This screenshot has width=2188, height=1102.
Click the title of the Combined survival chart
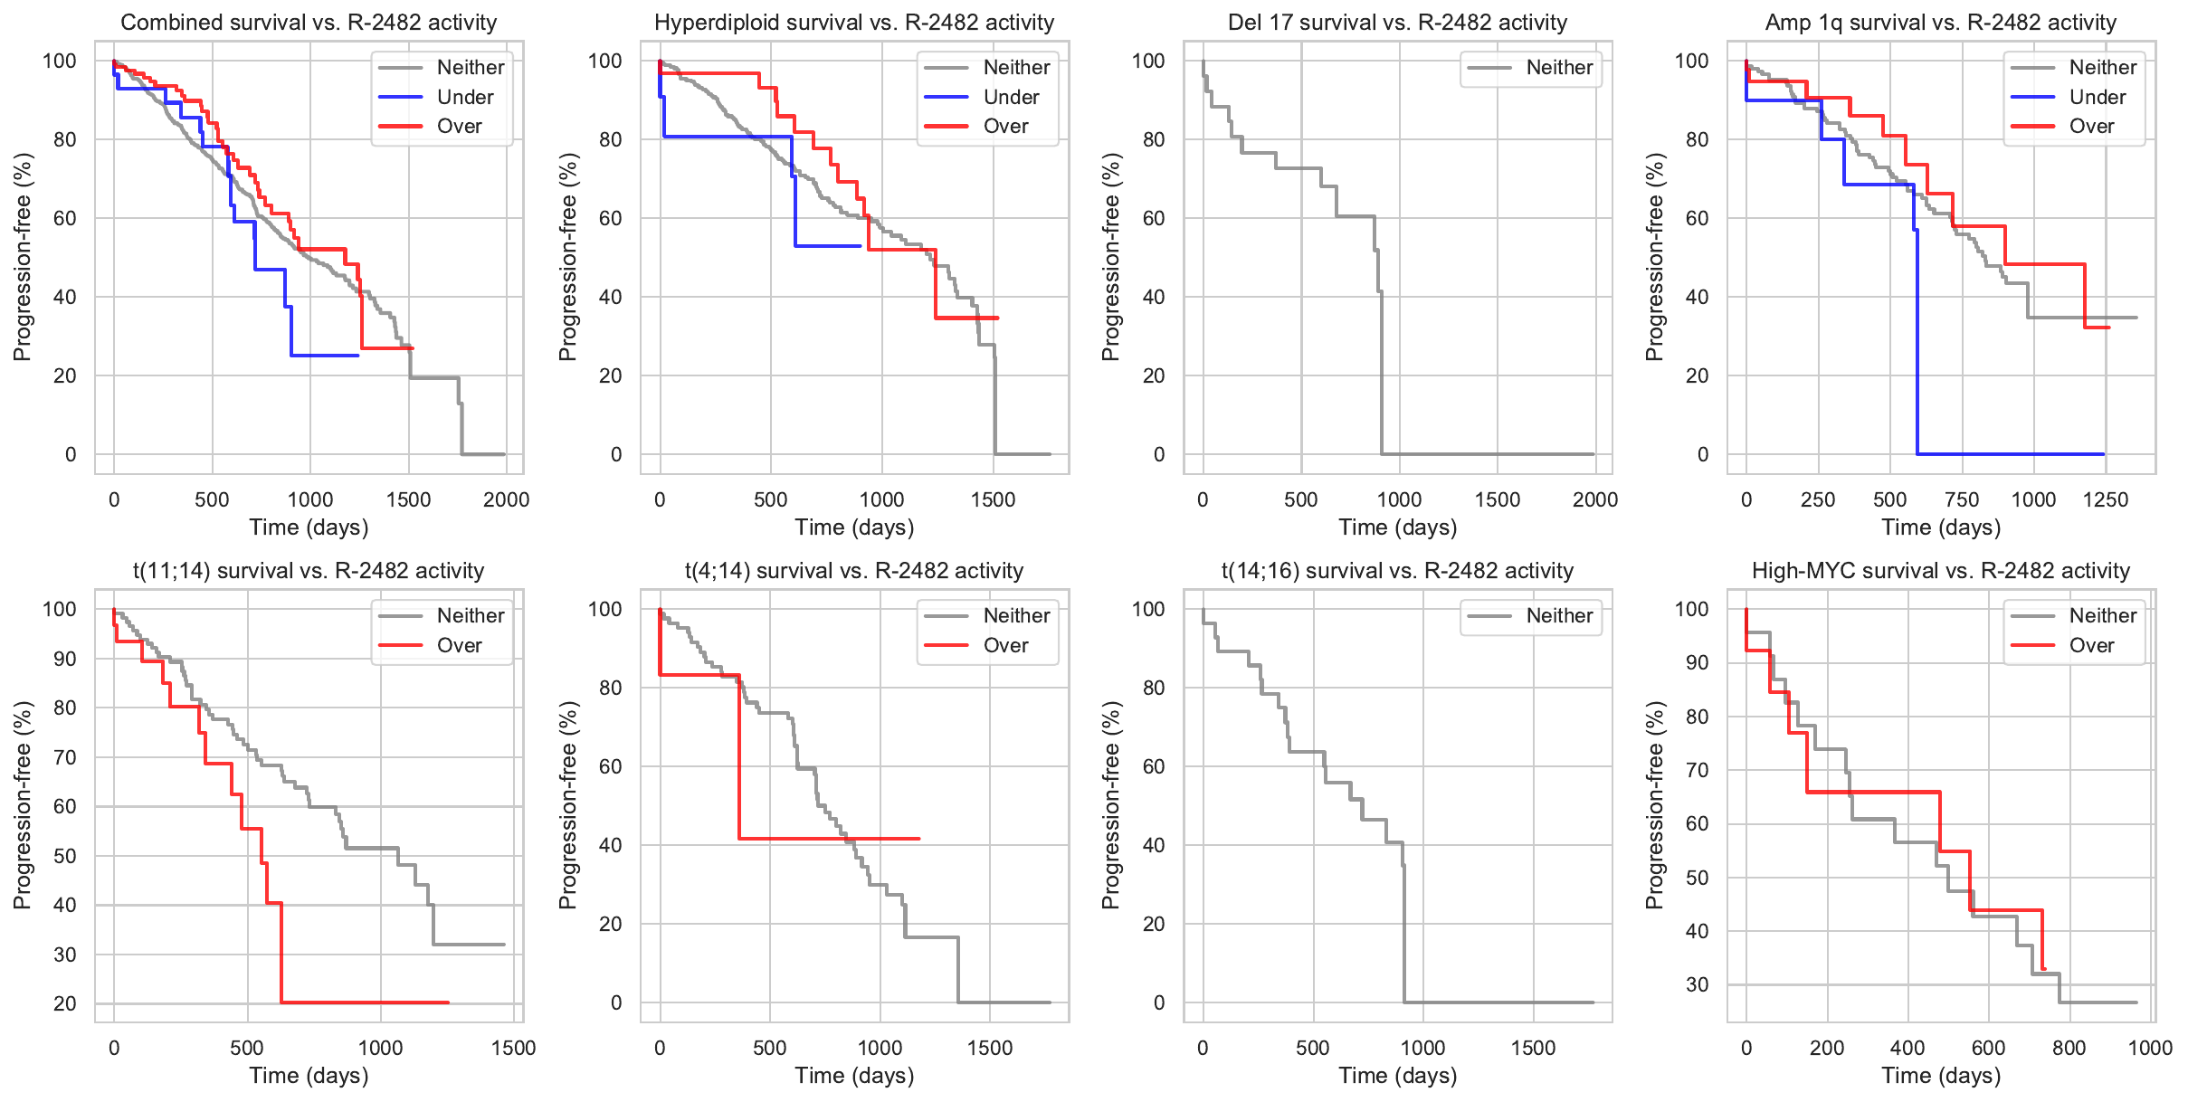pos(309,23)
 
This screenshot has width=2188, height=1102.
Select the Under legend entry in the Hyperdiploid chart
pos(1011,97)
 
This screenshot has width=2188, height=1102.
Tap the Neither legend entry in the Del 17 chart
pos(1559,67)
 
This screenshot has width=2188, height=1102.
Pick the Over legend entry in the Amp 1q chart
pos(2091,127)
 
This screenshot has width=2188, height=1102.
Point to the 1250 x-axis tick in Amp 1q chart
pos(2106,499)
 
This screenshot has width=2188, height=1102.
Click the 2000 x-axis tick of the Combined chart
pos(506,499)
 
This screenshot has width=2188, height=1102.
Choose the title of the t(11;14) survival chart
pos(309,571)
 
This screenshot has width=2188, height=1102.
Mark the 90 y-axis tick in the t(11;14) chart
pos(65,659)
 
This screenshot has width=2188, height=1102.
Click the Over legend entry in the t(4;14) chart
pos(1005,645)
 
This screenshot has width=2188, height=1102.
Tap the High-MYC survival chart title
pos(1941,571)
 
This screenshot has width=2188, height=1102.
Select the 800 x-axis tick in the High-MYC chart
pos(2069,1048)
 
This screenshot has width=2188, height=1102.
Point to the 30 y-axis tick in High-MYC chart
pos(1698,984)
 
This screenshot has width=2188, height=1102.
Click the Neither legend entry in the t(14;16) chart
pos(1559,615)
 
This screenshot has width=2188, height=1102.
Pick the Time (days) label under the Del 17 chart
pos(1398,527)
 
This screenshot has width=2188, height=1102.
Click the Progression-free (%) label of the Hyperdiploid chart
pos(567,257)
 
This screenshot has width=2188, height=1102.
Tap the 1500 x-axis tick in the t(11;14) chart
pos(513,1048)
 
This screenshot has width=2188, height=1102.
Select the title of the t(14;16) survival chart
pos(1398,571)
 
